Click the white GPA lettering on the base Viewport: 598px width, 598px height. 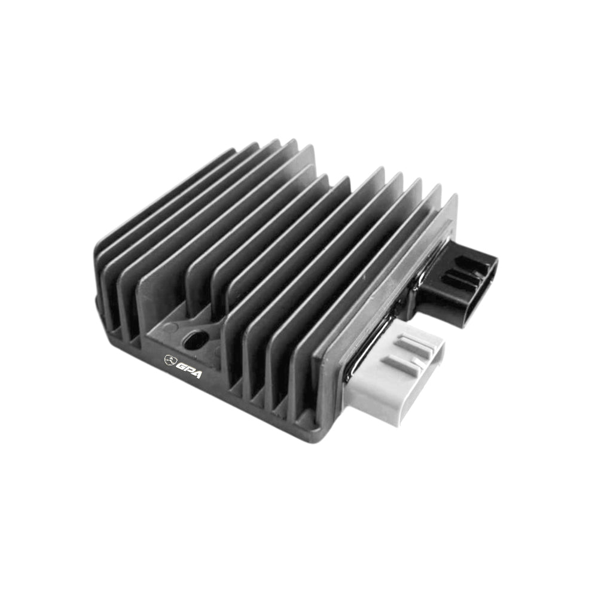pyautogui.click(x=189, y=368)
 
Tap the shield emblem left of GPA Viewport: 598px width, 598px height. pyautogui.click(x=169, y=359)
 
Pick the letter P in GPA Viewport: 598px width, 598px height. pyautogui.click(x=189, y=369)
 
